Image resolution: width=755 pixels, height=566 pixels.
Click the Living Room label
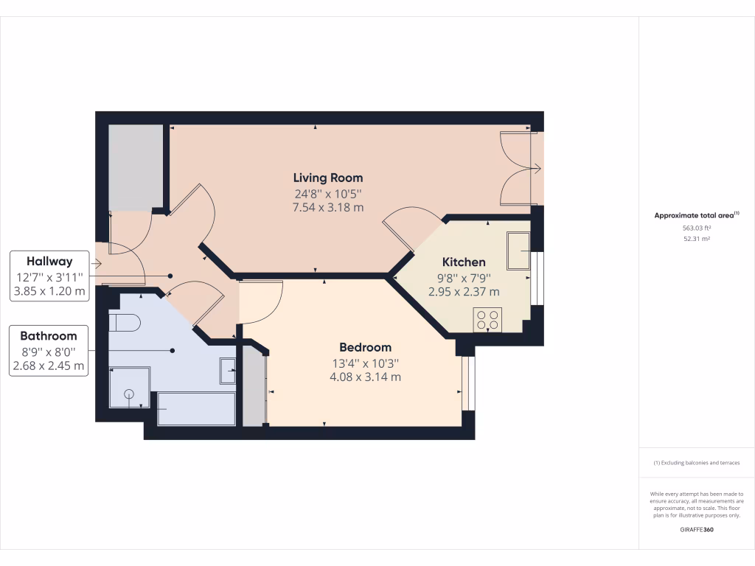coord(328,178)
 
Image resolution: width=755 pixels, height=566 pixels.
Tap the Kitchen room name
coord(464,262)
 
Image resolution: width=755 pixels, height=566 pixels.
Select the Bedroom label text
coord(365,347)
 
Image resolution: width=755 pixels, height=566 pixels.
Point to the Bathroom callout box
coord(49,350)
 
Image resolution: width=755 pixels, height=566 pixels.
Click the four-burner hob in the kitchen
coord(487,320)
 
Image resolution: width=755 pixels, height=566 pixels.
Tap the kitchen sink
coord(518,251)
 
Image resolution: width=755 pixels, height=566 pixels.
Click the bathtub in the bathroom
coord(196,408)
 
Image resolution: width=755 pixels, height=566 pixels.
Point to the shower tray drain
coord(129,394)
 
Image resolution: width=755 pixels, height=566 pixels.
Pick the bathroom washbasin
coord(228,371)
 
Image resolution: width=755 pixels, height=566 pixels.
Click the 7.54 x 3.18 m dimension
coord(328,207)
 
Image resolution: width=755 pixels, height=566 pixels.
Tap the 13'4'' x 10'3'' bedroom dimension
coord(365,363)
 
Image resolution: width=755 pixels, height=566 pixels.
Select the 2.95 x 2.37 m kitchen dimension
coord(464,291)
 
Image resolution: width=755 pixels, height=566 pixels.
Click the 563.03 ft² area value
coord(696,228)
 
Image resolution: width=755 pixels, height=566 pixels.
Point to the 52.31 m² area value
coord(696,239)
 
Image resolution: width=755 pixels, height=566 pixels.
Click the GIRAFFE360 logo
coord(696,529)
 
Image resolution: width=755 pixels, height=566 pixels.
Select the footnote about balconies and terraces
coord(696,463)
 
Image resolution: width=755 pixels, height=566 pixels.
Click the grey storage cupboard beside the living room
coord(136,166)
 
